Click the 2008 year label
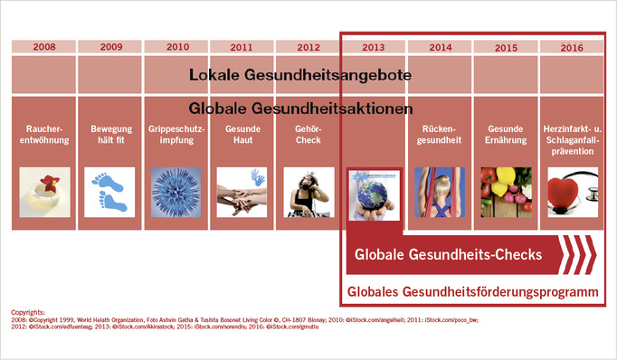pyautogui.click(x=43, y=46)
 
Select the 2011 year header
pyautogui.click(x=240, y=46)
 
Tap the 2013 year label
pyautogui.click(x=372, y=46)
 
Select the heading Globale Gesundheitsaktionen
pyautogui.click(x=301, y=109)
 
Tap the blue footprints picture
pyautogui.click(x=109, y=190)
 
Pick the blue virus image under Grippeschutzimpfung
pyautogui.click(x=175, y=190)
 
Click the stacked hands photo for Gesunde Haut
pyautogui.click(x=240, y=190)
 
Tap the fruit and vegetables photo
pyautogui.click(x=505, y=190)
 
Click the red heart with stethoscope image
pyautogui.click(x=571, y=190)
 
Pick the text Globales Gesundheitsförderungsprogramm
pyautogui.click(x=472, y=292)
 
